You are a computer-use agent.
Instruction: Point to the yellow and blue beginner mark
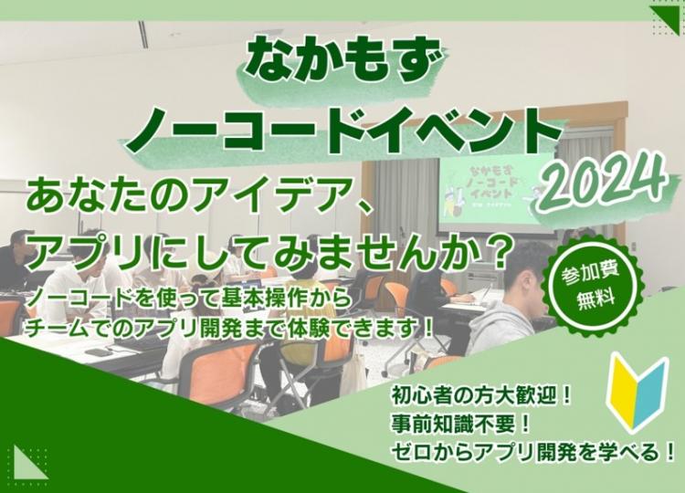pyautogui.click(x=638, y=392)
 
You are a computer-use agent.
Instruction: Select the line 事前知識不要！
pyautogui.click(x=461, y=424)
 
